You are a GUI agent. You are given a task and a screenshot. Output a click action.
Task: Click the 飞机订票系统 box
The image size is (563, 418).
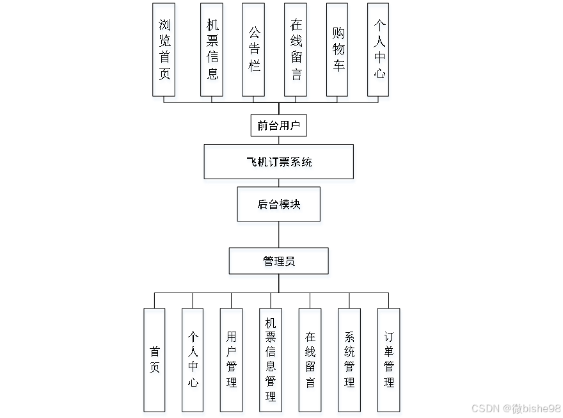[x=280, y=163]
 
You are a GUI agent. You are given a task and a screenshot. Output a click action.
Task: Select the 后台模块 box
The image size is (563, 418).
[x=280, y=206]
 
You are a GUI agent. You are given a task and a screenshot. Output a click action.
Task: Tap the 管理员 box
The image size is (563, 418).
[x=280, y=263]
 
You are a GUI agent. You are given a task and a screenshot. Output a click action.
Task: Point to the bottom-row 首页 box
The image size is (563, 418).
[x=155, y=362]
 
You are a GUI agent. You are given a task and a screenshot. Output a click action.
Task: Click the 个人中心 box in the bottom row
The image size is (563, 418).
[x=194, y=362]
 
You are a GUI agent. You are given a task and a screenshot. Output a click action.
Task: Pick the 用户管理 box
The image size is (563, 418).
[x=232, y=362]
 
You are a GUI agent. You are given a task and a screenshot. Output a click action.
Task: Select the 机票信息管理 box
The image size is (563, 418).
[x=271, y=362]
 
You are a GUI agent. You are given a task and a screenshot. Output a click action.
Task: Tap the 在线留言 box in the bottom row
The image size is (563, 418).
[x=310, y=362]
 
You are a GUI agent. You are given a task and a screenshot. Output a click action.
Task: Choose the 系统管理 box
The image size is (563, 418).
[x=349, y=362]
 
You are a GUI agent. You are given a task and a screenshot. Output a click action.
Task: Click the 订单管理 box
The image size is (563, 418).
[x=389, y=362]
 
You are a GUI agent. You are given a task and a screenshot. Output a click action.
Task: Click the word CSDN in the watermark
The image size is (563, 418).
[x=484, y=408]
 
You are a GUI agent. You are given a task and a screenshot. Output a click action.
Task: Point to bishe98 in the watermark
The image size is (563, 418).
[x=541, y=408]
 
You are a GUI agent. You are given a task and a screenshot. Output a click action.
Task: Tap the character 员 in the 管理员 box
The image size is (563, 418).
[x=290, y=263]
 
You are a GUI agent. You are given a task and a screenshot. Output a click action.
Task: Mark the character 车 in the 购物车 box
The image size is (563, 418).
[x=338, y=68]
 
